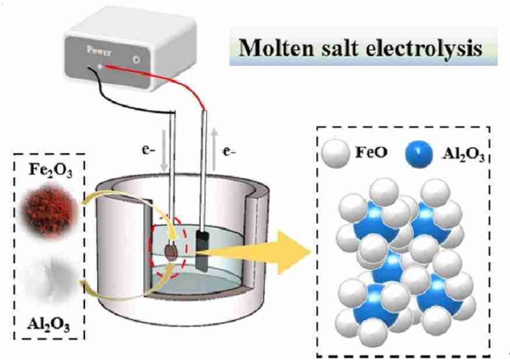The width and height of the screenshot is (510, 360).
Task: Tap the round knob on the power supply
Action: [x=136, y=59]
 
